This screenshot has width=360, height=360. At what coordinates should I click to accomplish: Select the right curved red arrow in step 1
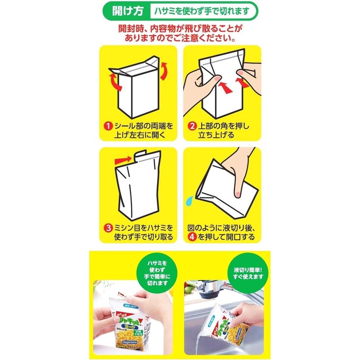[165, 70]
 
